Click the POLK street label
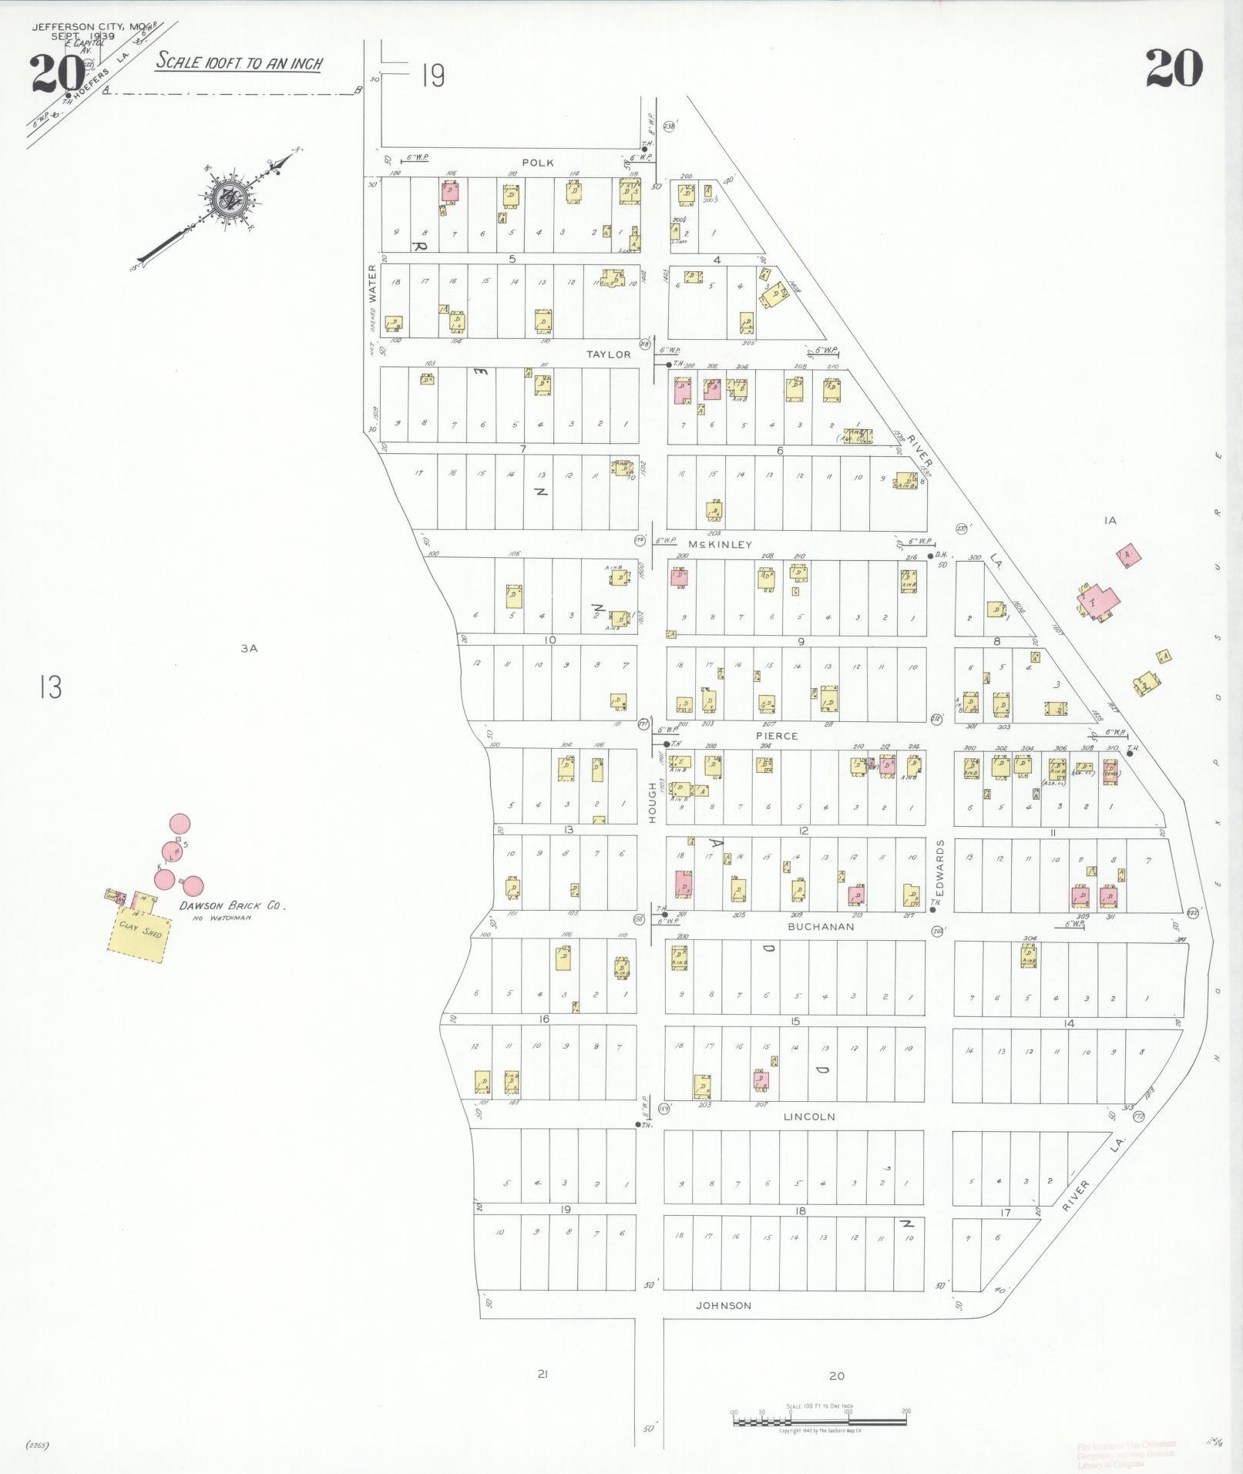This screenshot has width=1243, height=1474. tap(537, 163)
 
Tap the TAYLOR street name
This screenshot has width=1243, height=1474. tap(609, 354)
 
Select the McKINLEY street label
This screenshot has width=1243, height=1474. tap(719, 545)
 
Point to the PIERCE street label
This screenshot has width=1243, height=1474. tap(777, 736)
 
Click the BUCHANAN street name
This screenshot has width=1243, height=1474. tap(821, 927)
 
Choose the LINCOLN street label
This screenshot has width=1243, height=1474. tap(809, 1116)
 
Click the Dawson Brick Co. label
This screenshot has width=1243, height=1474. tap(233, 906)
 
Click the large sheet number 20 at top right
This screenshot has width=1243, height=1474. tap(1173, 68)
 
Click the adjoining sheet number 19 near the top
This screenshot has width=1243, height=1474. tap(433, 76)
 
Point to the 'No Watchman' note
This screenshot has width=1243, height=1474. tap(226, 918)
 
